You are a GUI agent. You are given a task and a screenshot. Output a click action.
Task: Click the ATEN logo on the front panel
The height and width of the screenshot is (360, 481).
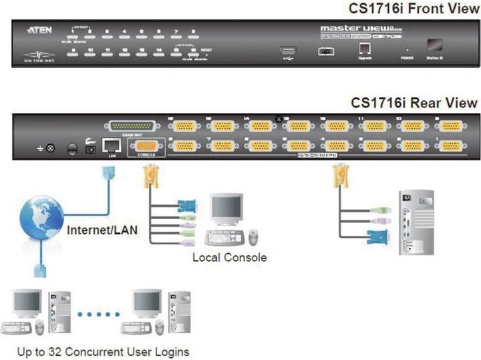(x=36, y=31)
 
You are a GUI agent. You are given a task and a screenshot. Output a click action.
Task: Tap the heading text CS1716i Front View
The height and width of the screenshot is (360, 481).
(x=414, y=9)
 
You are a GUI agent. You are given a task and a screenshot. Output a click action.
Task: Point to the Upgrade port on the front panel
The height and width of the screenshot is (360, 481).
(x=364, y=49)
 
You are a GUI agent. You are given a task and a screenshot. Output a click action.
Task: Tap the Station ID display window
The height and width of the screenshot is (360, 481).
(x=435, y=45)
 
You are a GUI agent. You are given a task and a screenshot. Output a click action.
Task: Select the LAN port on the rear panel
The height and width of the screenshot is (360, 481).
(x=110, y=145)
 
